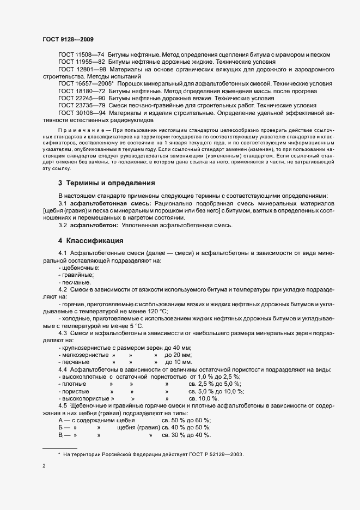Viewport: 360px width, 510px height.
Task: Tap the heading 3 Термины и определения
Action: (x=106, y=183)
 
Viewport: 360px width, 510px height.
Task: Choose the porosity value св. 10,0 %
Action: (x=203, y=398)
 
